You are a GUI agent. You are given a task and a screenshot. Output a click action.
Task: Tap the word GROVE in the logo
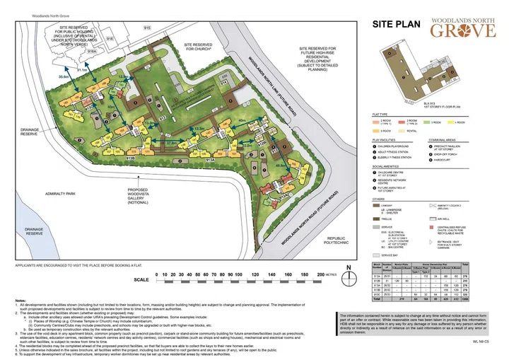pos(462,32)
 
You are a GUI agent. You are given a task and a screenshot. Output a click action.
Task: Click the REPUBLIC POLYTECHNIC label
pos(334,242)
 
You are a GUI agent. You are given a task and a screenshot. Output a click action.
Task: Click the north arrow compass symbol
pos(347,268)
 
